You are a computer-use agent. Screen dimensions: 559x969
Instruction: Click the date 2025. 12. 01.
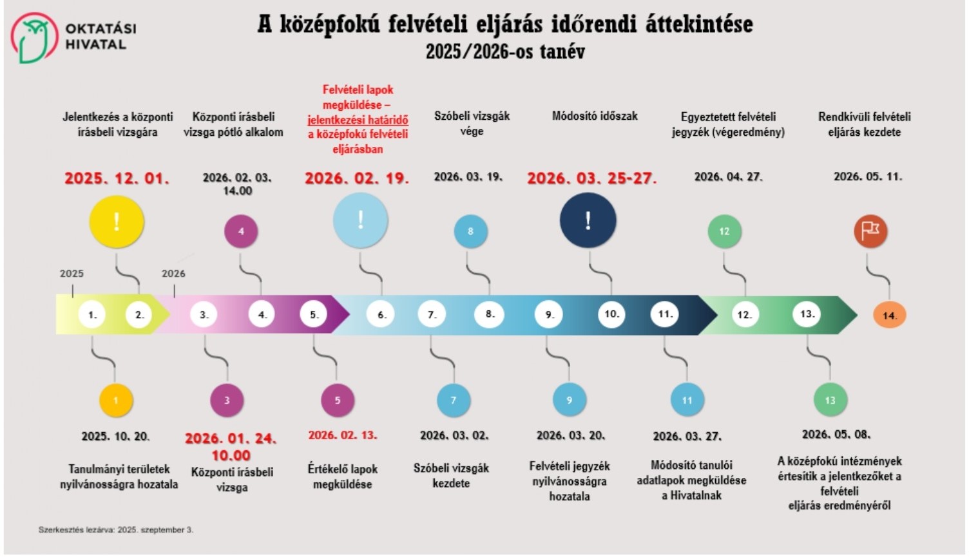point(117,178)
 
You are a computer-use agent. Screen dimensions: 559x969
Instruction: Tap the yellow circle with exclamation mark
point(117,222)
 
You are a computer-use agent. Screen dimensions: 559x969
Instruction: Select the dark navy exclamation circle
point(588,220)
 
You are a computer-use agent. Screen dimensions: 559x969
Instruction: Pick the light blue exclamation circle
point(360,220)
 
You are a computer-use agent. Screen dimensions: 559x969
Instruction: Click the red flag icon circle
point(870,231)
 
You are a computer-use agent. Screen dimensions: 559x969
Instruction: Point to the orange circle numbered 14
point(889,316)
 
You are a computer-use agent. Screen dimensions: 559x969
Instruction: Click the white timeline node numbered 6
point(381,315)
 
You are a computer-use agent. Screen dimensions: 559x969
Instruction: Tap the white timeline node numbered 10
point(611,314)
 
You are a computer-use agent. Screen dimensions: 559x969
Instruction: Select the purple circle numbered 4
point(241,231)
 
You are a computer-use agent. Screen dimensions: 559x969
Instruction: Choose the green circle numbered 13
point(830,400)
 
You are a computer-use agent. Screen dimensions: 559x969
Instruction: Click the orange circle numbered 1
point(116,400)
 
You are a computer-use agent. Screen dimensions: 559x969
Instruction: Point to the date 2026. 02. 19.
point(356,178)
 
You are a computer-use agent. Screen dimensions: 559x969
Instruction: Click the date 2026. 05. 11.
point(867,176)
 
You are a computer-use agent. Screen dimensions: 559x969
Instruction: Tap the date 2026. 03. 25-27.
point(591,178)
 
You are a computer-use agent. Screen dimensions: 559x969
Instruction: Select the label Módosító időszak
point(595,117)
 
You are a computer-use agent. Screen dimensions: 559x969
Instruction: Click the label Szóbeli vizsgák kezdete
point(451,476)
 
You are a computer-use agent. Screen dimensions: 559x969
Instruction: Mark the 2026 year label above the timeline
point(173,274)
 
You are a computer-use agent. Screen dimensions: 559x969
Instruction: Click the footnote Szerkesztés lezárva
point(116,530)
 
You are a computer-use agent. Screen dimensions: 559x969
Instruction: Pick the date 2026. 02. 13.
point(342,435)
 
